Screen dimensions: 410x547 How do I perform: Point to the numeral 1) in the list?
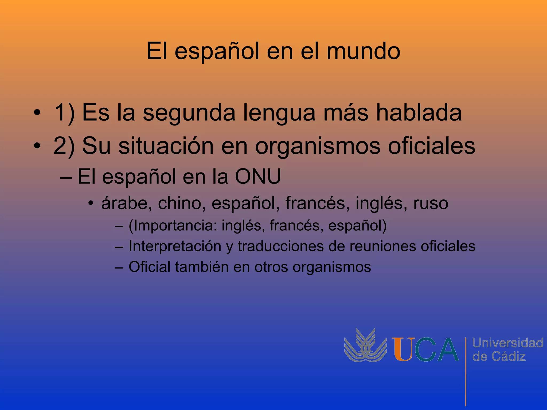point(64,113)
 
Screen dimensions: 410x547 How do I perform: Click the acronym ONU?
point(258,176)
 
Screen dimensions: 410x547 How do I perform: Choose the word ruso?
point(431,203)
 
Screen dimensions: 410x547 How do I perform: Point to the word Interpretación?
point(175,246)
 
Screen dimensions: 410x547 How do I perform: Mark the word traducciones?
point(280,246)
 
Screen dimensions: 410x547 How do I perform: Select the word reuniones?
point(382,246)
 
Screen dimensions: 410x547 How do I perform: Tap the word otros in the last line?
point(271,267)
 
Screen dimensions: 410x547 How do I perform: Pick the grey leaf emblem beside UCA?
point(365,346)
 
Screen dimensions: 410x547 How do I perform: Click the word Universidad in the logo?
point(507,343)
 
